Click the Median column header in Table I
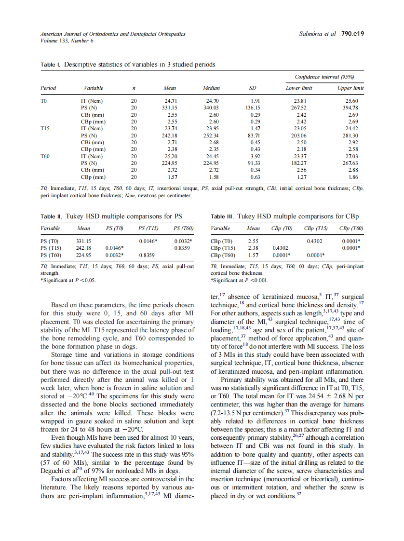[211, 88]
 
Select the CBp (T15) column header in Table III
[315, 228]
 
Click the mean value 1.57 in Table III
[253, 255]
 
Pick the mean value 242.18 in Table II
[83, 248]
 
